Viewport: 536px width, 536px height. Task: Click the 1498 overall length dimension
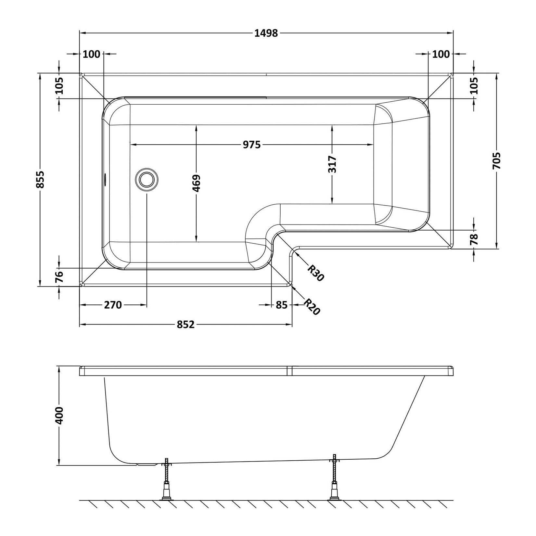point(266,33)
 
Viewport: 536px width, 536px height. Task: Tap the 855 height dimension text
point(40,179)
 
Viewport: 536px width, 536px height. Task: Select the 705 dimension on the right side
point(497,161)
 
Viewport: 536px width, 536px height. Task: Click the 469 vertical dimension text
point(197,184)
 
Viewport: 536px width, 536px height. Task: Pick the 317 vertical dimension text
point(332,165)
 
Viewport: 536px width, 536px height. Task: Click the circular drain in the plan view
point(147,179)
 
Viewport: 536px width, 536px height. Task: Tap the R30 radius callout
point(315,273)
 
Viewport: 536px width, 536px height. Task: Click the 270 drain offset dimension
point(113,305)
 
